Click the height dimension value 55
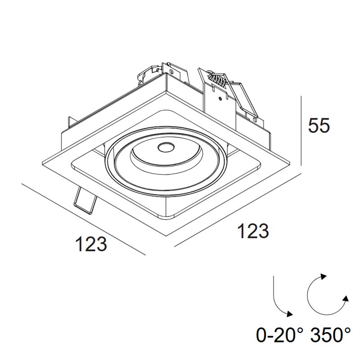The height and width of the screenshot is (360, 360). pos(319,126)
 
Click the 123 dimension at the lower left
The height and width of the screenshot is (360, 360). pos(91,243)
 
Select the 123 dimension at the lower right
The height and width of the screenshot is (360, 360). pos(253,231)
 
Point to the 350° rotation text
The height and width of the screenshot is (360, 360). pos(331,335)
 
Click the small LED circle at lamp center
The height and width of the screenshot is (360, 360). pos(166,147)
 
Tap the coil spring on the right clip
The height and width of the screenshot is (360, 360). pos(217,79)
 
